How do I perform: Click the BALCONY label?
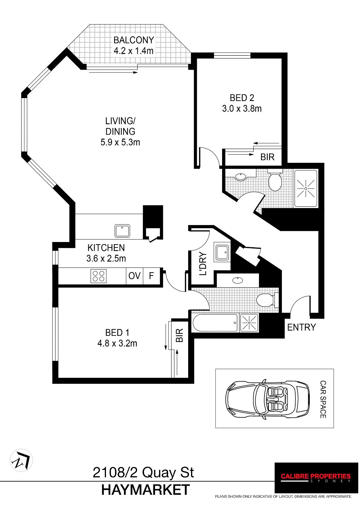(134, 40)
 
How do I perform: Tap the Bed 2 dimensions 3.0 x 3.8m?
(242, 109)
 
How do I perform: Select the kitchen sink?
(122, 231)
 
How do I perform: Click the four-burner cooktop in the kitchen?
(99, 276)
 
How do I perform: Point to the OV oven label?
(134, 276)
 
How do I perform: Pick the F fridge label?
(151, 276)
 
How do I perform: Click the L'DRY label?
(203, 264)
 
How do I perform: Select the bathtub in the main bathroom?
(215, 323)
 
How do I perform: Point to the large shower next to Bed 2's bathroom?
(306, 188)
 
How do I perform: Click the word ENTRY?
(301, 327)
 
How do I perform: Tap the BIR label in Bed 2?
(267, 157)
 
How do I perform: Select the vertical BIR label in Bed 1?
(180, 335)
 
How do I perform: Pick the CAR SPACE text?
(323, 399)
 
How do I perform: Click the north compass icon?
(21, 460)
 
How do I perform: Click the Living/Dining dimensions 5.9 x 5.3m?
(120, 142)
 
